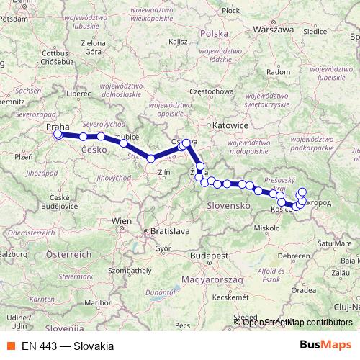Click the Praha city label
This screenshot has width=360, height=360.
[58, 127]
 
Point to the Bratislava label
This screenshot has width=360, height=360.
[166, 231]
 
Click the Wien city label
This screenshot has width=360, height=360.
[122, 220]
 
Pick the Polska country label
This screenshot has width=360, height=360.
[213, 34]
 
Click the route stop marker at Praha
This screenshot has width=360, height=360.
[58, 134]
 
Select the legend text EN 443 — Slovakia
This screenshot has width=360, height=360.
[67, 346]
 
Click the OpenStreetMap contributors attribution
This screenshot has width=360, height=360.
[297, 322]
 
